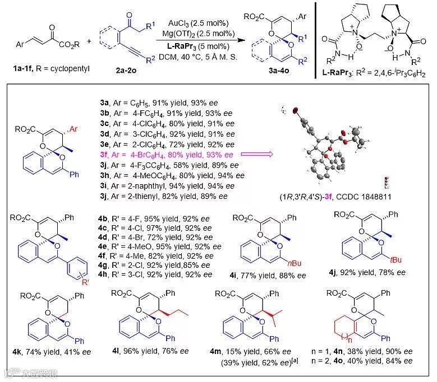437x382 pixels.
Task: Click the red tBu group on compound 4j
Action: [393, 274]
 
